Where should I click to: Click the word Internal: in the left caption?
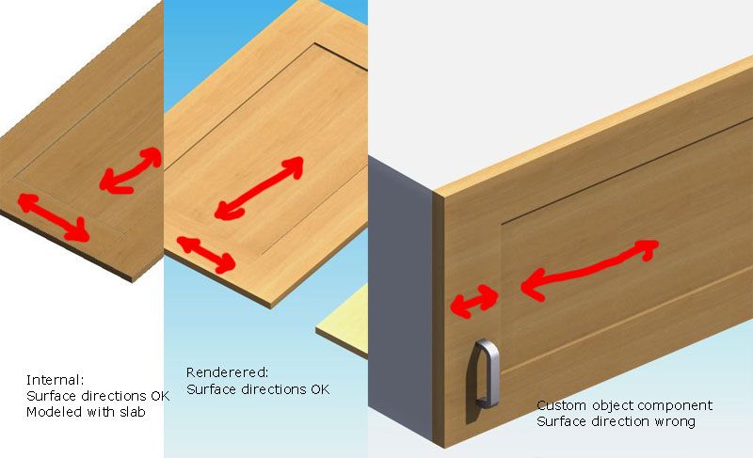[56, 380]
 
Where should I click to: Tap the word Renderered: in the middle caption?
[227, 372]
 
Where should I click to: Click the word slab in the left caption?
[130, 412]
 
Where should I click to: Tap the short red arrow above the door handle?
[474, 301]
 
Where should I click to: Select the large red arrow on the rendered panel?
[260, 187]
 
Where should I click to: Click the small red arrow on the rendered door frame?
[206, 255]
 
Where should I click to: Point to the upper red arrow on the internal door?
[131, 170]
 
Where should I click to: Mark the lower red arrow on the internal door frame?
[54, 216]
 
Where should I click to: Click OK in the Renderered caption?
[320, 389]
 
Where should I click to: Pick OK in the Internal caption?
[160, 396]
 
